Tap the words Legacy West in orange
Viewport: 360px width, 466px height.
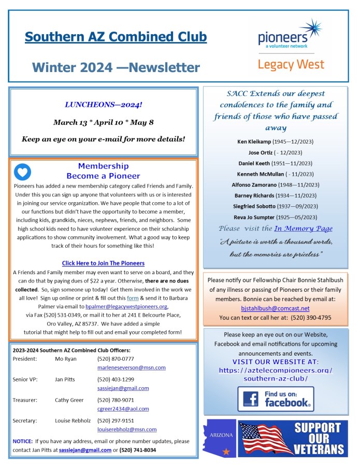click(291, 64)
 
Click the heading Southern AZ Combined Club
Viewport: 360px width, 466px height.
click(116, 37)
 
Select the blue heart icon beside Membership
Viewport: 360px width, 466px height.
click(22, 172)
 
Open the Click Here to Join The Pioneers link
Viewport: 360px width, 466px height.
click(103, 263)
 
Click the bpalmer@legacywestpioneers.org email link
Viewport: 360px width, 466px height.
click(126, 306)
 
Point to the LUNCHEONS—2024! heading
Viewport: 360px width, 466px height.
click(103, 104)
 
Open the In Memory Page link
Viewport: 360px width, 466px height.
click(303, 229)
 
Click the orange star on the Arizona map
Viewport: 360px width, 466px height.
click(225, 451)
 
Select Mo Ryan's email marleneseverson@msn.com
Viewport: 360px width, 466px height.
click(132, 368)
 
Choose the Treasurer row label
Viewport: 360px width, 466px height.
click(25, 400)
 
